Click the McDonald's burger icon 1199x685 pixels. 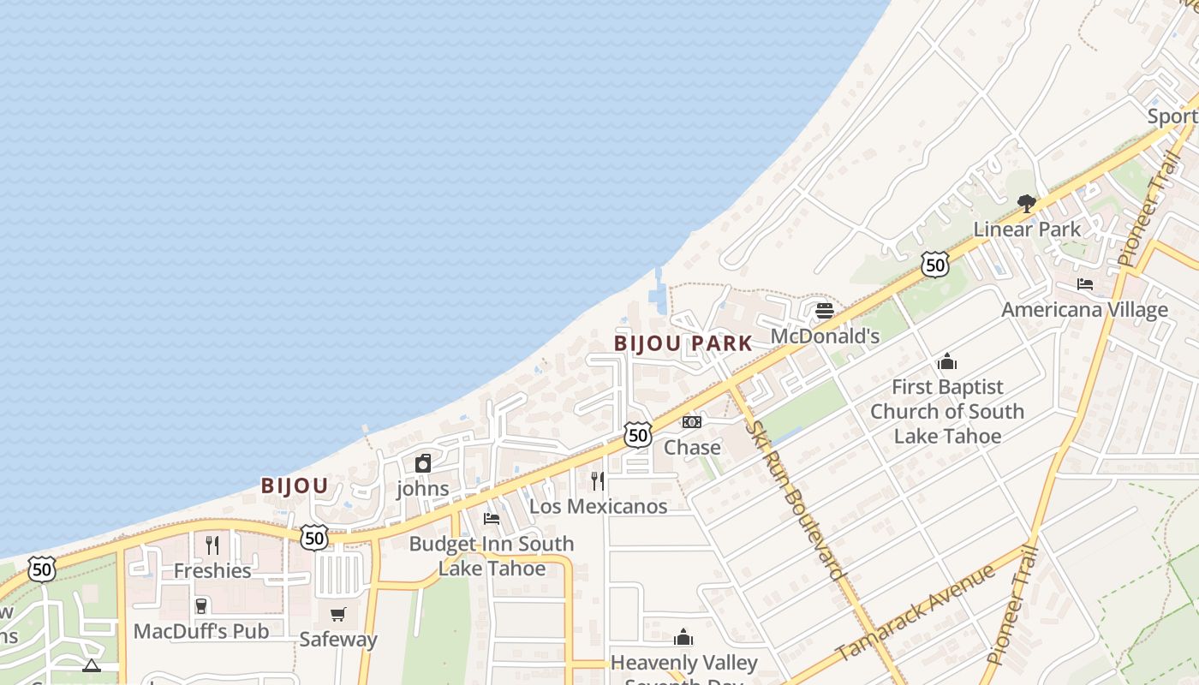pos(825,310)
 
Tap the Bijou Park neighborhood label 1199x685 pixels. pos(683,344)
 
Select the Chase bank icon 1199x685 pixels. pos(692,422)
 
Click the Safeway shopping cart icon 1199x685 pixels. pos(338,614)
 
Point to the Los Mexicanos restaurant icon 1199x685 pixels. pos(598,480)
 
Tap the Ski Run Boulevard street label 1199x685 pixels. pos(797,497)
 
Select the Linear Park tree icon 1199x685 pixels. pos(1026,204)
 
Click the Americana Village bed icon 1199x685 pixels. pos(1085,284)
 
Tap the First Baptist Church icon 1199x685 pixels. pos(946,361)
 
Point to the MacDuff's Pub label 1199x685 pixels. pos(201,632)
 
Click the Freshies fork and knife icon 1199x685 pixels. pos(212,545)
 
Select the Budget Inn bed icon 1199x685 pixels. pos(492,518)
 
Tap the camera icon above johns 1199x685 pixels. pos(423,464)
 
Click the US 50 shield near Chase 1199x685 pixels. pos(637,435)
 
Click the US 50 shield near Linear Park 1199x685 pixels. pos(935,265)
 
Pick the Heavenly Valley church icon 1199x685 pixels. pos(683,637)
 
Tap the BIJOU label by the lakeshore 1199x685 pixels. pos(295,486)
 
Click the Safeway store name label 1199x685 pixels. pos(338,640)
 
